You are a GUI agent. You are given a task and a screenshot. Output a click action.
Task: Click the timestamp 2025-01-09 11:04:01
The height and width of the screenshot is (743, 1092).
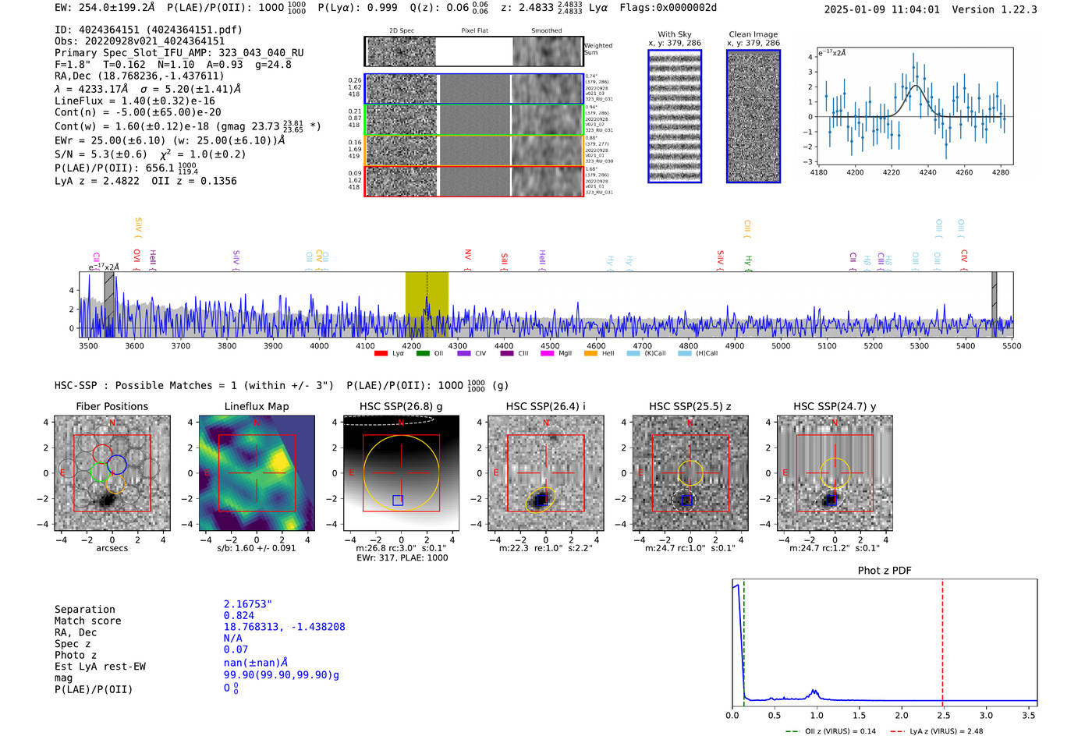[881, 9]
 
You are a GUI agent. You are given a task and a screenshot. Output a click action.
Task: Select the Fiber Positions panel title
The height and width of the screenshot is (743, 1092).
[112, 406]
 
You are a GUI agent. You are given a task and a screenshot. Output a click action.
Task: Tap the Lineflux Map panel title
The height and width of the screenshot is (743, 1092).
[256, 406]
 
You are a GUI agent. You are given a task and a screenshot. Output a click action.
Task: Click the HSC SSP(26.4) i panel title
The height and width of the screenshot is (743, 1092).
[545, 406]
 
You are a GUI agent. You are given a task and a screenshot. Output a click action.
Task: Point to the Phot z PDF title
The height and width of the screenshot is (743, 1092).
[884, 571]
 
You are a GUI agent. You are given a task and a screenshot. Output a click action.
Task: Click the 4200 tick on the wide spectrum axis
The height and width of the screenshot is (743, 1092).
[411, 345]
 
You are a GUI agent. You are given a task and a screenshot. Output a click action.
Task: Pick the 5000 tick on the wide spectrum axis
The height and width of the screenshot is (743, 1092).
[781, 345]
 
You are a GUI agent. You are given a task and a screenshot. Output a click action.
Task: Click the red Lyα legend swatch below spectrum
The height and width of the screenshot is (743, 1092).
[381, 353]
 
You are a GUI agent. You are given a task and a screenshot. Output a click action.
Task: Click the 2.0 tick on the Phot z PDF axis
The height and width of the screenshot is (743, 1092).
[901, 715]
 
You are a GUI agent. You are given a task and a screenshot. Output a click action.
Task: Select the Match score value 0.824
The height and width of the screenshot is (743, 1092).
[239, 616]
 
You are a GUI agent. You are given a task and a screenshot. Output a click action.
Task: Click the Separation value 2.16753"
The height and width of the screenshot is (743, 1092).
[247, 604]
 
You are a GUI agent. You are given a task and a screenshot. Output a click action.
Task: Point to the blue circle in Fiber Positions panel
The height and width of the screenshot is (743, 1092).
[117, 464]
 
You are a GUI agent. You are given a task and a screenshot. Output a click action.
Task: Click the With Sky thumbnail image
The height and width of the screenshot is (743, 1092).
[675, 116]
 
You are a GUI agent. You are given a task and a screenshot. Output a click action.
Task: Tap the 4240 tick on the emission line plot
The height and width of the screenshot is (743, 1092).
[927, 172]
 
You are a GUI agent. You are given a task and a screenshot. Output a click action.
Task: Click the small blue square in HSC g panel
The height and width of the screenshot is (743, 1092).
[398, 501]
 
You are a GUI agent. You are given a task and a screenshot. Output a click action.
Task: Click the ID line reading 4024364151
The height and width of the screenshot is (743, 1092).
[148, 30]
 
